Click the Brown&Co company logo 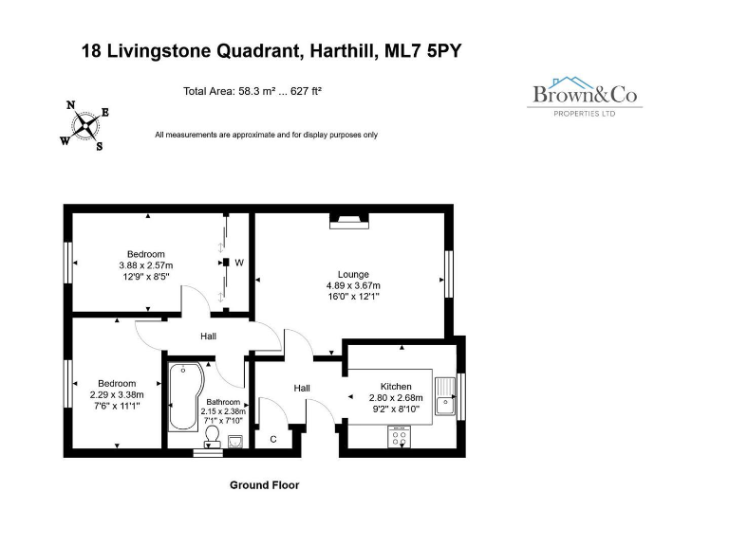pyautogui.click(x=585, y=97)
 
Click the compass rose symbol pyautogui.click(x=85, y=125)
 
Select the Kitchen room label pyautogui.click(x=396, y=387)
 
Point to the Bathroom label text pyautogui.click(x=223, y=402)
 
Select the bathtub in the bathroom pyautogui.click(x=183, y=396)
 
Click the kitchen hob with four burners pyautogui.click(x=399, y=438)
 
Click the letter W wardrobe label pyautogui.click(x=239, y=263)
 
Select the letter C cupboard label pyautogui.click(x=273, y=439)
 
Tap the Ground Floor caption pyautogui.click(x=264, y=485)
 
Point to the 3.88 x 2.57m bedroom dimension pyautogui.click(x=146, y=265)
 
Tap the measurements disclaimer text pyautogui.click(x=266, y=135)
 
